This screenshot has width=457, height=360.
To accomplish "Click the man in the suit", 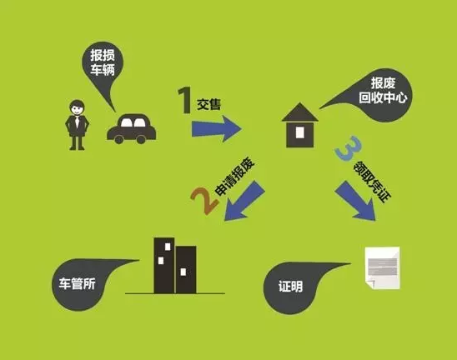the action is pos(77,125).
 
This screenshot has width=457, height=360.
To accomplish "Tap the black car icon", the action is pos(132,128).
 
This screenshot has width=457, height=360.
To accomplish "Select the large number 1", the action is pos(184,100).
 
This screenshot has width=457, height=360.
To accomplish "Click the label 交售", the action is pos(209,104).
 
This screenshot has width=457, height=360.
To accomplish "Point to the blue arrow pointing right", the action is pos(217,128).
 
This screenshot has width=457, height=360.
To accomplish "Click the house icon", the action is pos(300,125).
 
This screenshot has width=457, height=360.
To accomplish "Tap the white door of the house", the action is pos(300,132).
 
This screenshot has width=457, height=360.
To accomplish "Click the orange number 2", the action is pos(204,200).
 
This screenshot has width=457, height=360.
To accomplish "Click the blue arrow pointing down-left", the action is pos(244,201).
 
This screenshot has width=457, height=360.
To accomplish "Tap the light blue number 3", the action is pos(349,148).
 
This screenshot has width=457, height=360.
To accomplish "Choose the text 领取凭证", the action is pos(373,182).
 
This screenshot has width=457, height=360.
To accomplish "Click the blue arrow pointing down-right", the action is pos(355,201).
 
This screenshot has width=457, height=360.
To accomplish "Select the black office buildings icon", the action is pos(175,265).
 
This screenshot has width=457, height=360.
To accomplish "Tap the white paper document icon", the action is pos(383,268).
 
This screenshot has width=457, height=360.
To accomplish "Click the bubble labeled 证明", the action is pos(297,287).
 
